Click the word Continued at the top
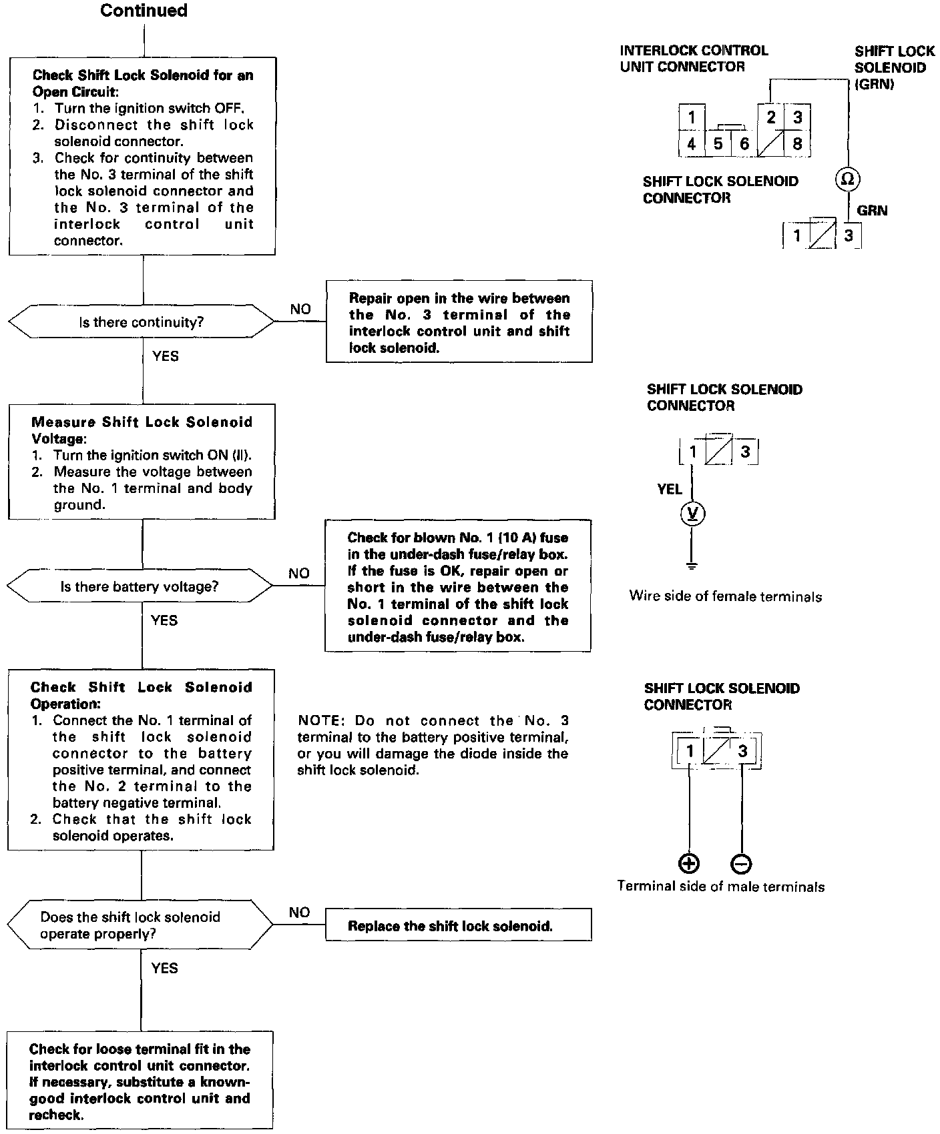(x=144, y=11)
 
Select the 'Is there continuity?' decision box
(x=141, y=322)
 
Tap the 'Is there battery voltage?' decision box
(x=140, y=587)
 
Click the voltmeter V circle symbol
(x=692, y=513)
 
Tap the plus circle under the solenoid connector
(x=689, y=864)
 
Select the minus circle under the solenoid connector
(x=741, y=864)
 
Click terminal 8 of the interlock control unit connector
(x=796, y=143)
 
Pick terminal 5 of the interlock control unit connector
(x=718, y=143)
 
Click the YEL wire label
(x=669, y=490)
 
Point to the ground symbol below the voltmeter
(x=692, y=566)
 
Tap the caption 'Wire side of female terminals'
(x=725, y=596)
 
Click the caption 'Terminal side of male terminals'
(x=720, y=887)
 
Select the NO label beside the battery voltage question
(x=299, y=573)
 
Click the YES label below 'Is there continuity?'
(x=166, y=356)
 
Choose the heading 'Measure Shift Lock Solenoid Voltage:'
(x=142, y=430)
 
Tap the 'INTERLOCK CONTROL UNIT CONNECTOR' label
(x=694, y=59)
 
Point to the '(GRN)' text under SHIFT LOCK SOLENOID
(x=875, y=84)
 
